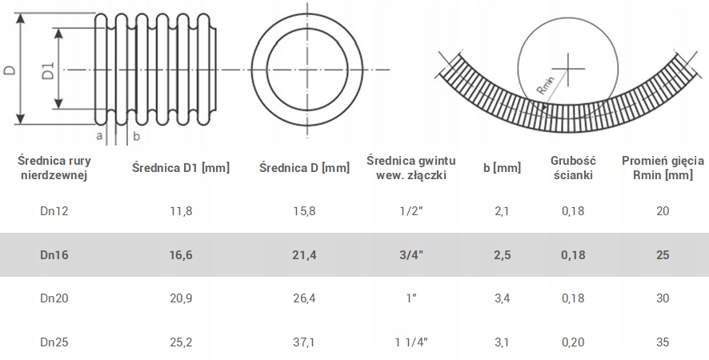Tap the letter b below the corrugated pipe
(x=136, y=136)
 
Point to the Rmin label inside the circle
(x=547, y=90)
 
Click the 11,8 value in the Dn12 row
(x=182, y=210)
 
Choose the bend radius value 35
(x=662, y=342)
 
